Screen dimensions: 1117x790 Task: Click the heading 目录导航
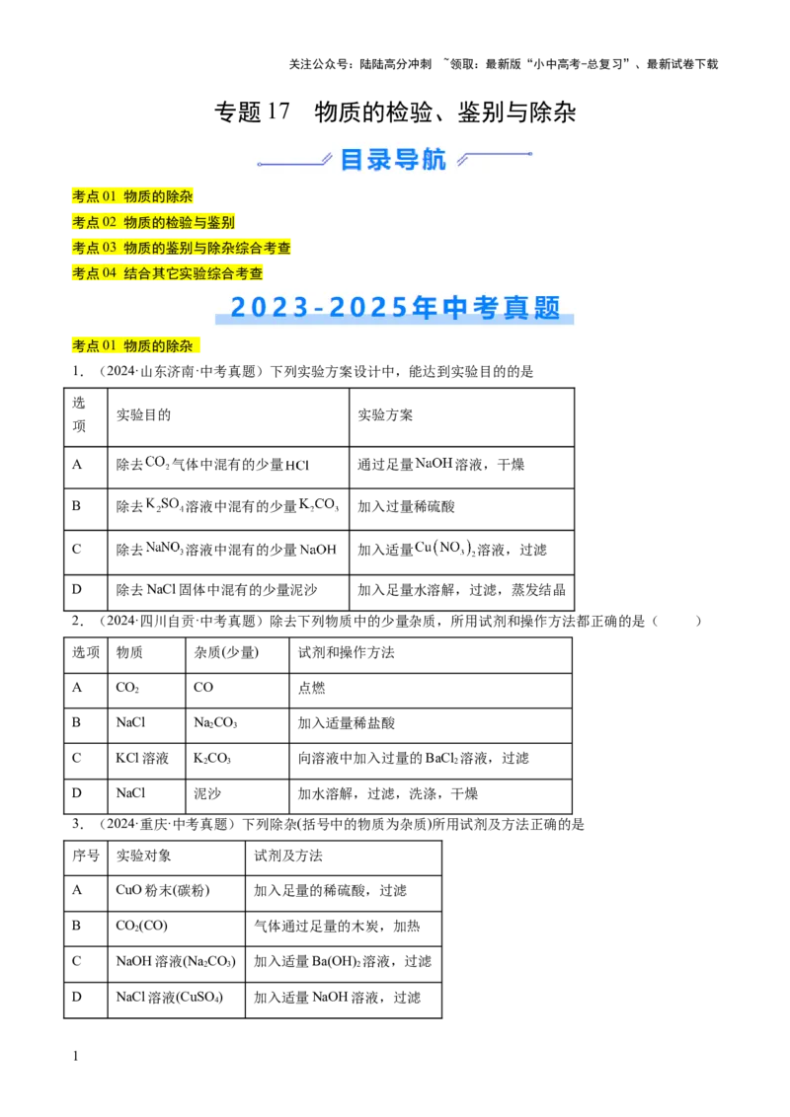coord(393,159)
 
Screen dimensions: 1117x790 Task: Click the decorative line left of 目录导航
coord(292,162)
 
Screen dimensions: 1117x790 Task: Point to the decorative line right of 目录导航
coord(496,156)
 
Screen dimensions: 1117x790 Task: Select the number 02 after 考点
coord(110,222)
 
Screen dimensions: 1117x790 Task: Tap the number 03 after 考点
coord(110,248)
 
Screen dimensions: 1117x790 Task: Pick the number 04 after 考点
coord(110,273)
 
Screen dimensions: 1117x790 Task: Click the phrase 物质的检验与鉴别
coord(179,222)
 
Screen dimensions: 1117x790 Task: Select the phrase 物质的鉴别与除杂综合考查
coord(207,248)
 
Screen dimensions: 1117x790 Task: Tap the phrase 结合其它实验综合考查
coord(194,273)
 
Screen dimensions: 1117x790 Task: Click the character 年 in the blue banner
coord(426,308)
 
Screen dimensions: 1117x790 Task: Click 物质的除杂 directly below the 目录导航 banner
coord(158,196)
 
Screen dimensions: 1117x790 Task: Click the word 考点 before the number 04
coord(86,273)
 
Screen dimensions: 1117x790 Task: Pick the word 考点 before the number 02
coord(86,222)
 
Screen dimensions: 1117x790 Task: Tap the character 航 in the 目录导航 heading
coord(434,159)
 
